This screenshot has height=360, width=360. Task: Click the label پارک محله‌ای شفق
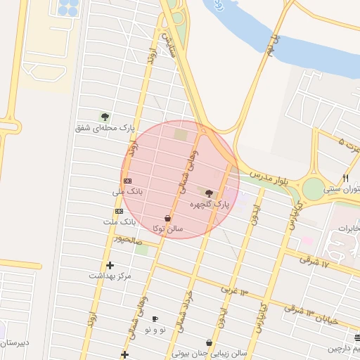coord(107,128)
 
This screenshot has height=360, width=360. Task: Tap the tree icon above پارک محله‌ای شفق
coord(105,117)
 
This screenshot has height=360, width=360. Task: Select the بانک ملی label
coord(127,191)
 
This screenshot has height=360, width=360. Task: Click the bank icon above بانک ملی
coord(127,181)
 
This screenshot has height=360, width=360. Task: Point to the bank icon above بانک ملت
coord(119,211)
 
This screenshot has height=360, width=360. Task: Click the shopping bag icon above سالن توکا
coord(167,218)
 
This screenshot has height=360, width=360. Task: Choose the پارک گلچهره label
coord(210,204)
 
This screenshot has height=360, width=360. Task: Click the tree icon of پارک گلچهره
coord(208,192)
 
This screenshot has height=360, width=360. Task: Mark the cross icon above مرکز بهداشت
coord(110,265)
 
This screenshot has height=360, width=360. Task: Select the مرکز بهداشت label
coord(110,276)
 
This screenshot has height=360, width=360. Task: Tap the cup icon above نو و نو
coord(155,319)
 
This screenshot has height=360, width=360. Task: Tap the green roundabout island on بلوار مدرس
coord(314,188)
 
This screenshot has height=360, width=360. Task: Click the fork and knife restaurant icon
coord(345,179)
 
